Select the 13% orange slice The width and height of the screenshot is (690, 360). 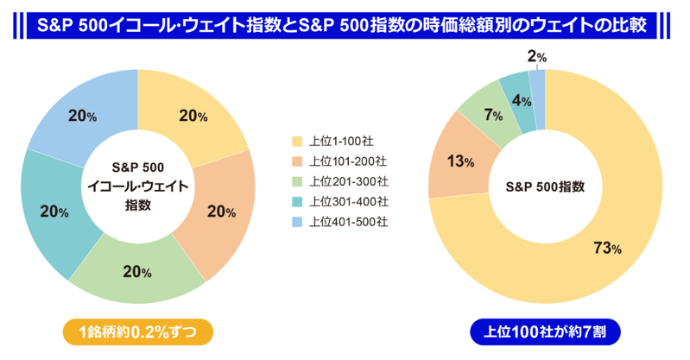tap(459, 161)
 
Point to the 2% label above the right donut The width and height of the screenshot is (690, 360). tap(537, 57)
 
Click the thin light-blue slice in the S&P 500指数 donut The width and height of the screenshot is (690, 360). tap(537, 100)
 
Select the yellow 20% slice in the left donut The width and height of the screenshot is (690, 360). tap(193, 116)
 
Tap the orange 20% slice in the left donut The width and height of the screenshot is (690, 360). tap(221, 212)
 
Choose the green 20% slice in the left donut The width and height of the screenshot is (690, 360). tap(137, 272)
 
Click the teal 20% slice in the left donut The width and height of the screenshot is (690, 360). tap(54, 212)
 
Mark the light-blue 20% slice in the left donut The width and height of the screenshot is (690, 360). tap(83, 116)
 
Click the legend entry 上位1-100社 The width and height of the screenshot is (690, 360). tap(332, 142)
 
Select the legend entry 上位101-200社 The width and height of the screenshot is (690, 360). tap(339, 161)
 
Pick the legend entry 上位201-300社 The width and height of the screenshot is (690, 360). tap(339, 181)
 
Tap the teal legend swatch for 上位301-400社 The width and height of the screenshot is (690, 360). tap(297, 201)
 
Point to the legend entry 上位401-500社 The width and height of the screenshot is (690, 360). tap(339, 221)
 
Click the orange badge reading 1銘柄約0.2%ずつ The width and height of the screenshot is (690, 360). tap(137, 332)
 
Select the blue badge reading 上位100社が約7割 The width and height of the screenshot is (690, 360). tap(545, 332)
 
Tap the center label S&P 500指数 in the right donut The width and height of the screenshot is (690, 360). tap(545, 186)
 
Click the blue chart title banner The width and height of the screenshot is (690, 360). tap(341, 26)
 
